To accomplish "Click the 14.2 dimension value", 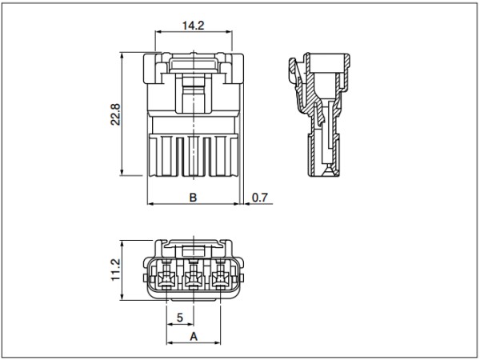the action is [x=193, y=26].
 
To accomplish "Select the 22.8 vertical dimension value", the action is [x=116, y=114].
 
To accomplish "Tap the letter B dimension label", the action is [x=193, y=198].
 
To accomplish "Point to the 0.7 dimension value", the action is [x=260, y=198].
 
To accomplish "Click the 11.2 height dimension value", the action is [x=116, y=270].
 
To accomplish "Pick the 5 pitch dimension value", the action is [x=180, y=318].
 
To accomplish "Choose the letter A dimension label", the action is [x=194, y=337].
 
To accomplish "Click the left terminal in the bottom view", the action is [x=166, y=277].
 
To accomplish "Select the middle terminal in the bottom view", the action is [x=193, y=277].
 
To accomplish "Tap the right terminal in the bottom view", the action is [x=220, y=277].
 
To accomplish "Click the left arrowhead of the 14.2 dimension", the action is [x=158, y=31].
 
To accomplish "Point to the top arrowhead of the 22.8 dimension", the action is [x=122, y=55].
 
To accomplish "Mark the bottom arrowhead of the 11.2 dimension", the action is [x=122, y=297].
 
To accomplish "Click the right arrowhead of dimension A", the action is [x=218, y=342].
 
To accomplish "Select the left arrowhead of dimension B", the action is [x=150, y=203].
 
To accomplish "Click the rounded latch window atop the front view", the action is [x=194, y=65].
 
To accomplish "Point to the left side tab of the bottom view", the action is [x=145, y=278].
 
